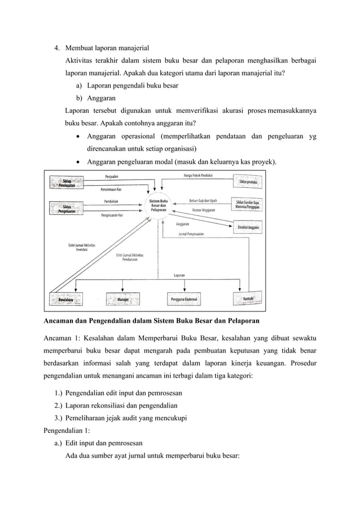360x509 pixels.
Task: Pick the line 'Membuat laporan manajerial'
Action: pyautogui.click(x=107, y=47)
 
